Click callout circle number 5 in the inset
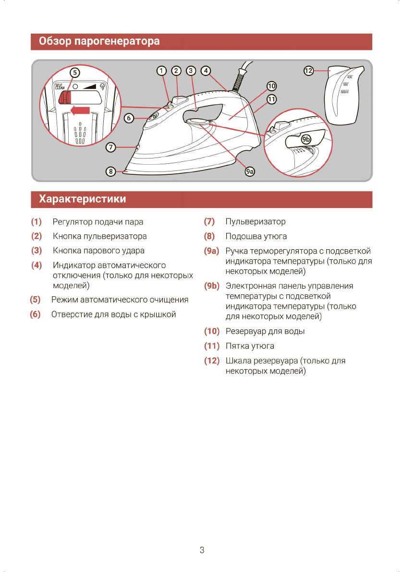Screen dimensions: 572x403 pos(74,72)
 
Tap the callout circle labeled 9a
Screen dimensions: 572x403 pos(249,171)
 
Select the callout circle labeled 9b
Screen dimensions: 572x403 pos(306,139)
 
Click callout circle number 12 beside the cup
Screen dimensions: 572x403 pos(308,71)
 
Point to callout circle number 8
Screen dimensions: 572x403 pos(111,171)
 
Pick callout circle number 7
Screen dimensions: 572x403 pos(111,147)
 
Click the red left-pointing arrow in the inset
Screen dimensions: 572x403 pos(80,111)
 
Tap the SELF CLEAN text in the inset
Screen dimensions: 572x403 pos(60,86)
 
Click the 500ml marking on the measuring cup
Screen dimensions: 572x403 pos(344,92)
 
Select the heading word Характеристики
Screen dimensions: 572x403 pos(83,199)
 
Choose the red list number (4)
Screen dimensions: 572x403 pos(37,265)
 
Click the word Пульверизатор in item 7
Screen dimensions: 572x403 pos(255,222)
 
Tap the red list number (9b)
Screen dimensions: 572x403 pos(211,286)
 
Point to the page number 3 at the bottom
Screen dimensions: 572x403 pos(202,550)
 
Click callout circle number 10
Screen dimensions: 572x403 pos(272,86)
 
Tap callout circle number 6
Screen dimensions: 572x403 pos(129,118)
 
